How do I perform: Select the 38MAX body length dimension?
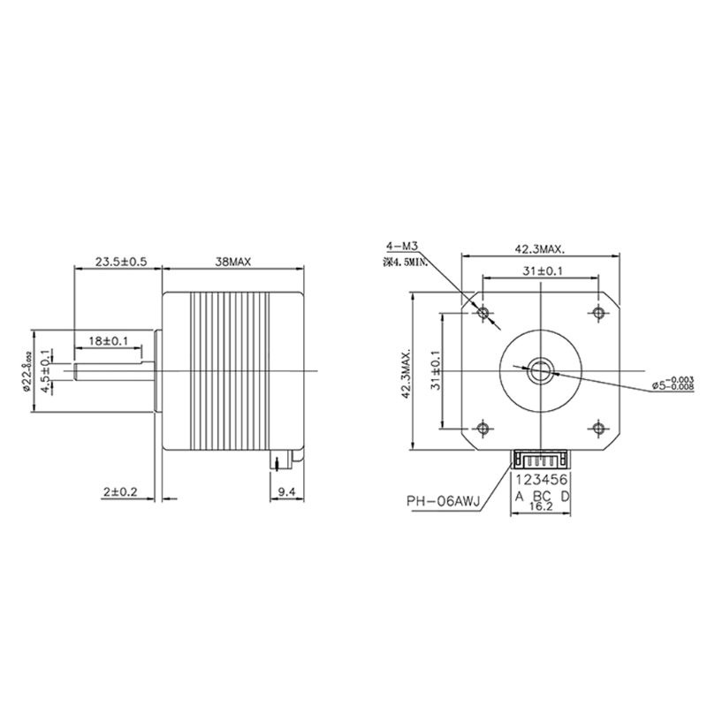(234, 262)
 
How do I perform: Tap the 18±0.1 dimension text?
(109, 340)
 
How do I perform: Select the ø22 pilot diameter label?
(27, 369)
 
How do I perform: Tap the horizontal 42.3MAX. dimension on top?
(540, 248)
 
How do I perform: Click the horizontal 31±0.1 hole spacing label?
(539, 272)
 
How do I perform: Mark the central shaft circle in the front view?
(540, 370)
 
